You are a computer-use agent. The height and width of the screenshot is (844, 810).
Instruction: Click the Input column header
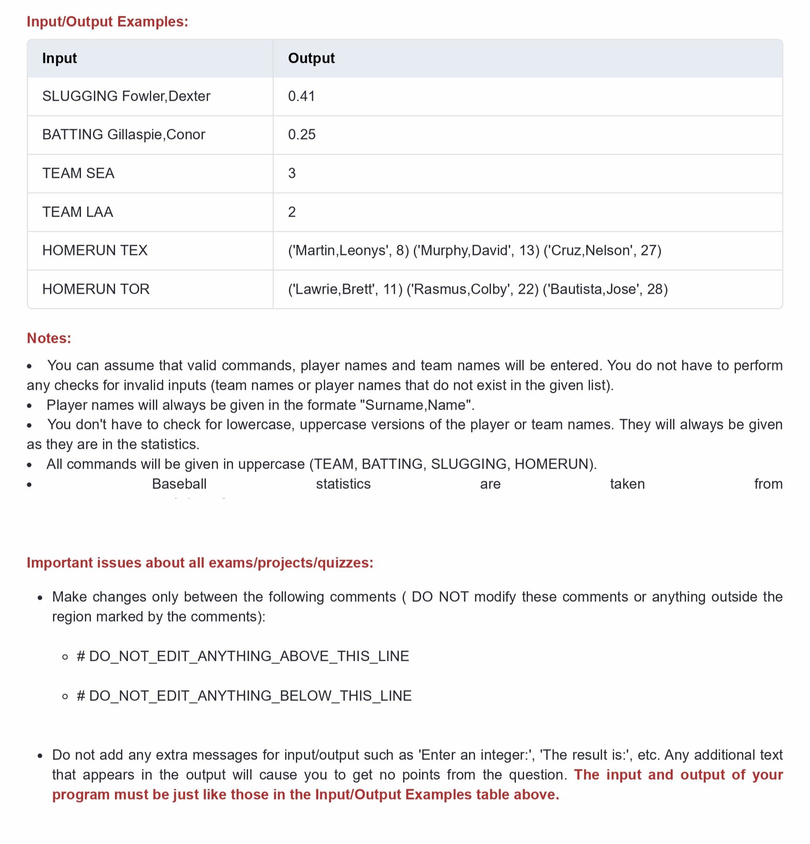pos(59,58)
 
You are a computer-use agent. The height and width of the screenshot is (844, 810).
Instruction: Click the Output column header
pos(311,58)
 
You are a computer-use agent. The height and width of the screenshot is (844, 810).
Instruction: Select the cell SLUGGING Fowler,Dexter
pos(126,96)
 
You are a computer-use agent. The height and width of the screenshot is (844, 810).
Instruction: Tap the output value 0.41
pos(301,96)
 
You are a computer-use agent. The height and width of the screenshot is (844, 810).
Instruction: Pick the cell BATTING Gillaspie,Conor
pos(124,134)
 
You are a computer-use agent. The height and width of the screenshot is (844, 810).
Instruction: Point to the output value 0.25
pos(301,134)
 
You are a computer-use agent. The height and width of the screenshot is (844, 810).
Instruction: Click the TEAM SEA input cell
pos(78,173)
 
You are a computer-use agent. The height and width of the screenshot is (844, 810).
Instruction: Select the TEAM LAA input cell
pos(78,212)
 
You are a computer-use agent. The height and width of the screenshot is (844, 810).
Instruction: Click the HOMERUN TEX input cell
pos(95,250)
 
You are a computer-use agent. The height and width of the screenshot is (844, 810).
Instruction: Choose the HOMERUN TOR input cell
pos(96,289)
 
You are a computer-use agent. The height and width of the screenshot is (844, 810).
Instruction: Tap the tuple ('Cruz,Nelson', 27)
pos(602,250)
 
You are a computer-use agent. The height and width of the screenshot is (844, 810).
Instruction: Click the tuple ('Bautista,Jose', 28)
pos(605,289)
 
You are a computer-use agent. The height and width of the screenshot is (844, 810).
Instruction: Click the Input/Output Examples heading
pos(107,22)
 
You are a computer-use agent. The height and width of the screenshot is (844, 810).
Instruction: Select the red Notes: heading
pos(49,338)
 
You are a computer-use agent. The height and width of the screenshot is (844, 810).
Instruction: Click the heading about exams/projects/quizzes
pos(200,563)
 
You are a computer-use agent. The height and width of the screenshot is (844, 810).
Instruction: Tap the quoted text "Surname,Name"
pos(416,405)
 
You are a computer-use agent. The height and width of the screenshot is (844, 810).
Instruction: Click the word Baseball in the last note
pos(179,484)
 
